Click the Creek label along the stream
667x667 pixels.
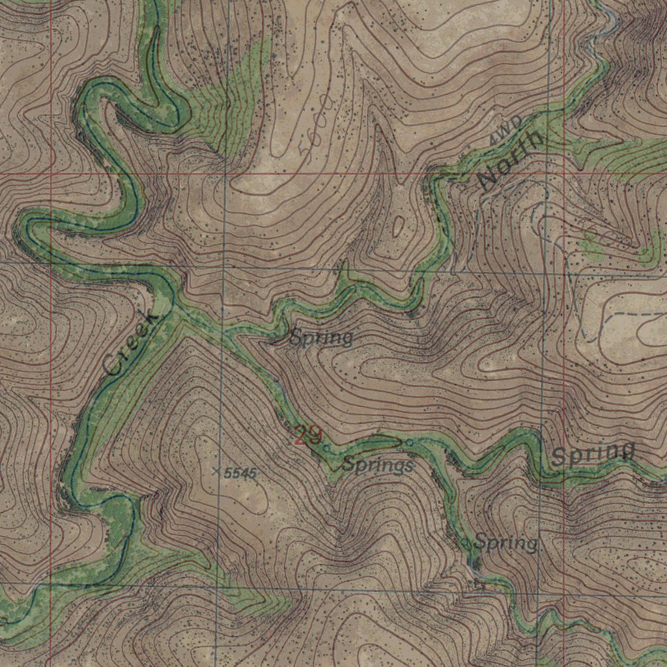130,343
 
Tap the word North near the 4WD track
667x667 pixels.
509,160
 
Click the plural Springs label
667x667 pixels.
378,465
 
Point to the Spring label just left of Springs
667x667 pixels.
321,337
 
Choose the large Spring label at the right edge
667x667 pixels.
593,453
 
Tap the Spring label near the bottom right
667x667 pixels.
506,542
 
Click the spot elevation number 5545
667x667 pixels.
240,474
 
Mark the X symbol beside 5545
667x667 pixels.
217,470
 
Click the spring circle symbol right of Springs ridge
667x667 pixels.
409,443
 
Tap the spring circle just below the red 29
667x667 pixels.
325,447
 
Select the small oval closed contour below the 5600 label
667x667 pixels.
398,225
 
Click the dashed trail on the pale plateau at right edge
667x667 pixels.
635,314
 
